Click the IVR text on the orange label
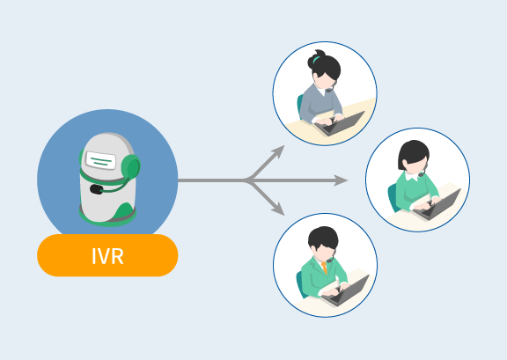click(x=107, y=256)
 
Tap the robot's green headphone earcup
click(x=131, y=166)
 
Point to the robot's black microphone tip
click(x=96, y=189)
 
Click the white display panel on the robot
click(x=100, y=160)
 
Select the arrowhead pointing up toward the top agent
click(x=278, y=151)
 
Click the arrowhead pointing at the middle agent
click(x=341, y=180)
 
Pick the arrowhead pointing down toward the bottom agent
click(x=278, y=209)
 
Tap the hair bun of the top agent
click(x=315, y=59)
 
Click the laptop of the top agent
click(x=340, y=123)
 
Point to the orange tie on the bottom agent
click(x=324, y=268)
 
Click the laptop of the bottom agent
click(x=345, y=290)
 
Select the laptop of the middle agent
click(x=437, y=205)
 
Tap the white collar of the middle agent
click(x=411, y=176)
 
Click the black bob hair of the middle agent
click(x=413, y=154)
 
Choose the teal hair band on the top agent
click(x=316, y=60)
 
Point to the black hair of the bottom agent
click(x=323, y=238)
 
